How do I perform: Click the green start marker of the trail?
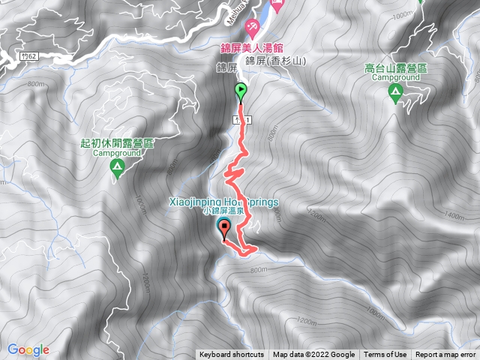pyautogui.click(x=241, y=92)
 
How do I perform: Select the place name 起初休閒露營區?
pyautogui.click(x=116, y=142)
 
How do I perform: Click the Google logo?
pyautogui.click(x=28, y=349)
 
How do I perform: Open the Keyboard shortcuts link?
pyautogui.click(x=232, y=355)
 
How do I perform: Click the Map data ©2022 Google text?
pyautogui.click(x=313, y=355)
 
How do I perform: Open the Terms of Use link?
pyautogui.click(x=385, y=355)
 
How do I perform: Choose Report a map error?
pyautogui.click(x=447, y=355)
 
